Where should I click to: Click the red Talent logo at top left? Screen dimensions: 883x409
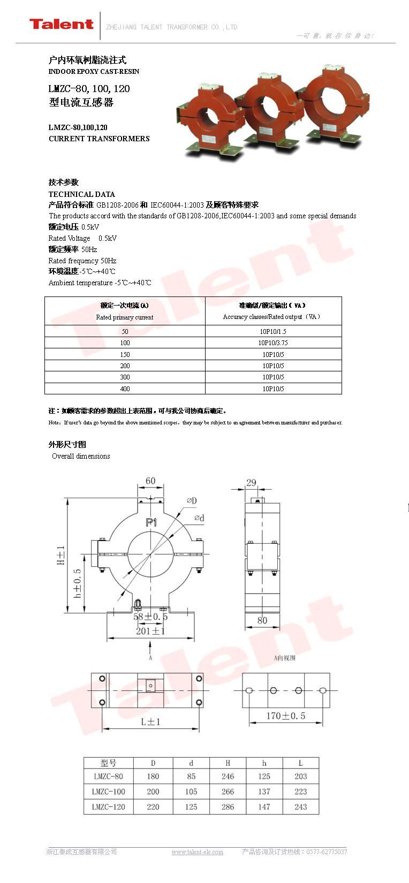click(61, 24)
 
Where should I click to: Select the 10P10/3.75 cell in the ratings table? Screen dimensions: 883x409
click(273, 343)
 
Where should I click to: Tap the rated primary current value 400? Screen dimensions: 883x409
click(125, 389)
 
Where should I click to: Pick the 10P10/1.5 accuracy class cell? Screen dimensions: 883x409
click(273, 332)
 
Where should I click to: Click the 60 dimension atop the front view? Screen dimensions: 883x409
click(150, 481)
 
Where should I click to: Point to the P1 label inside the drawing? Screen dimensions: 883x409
click(151, 522)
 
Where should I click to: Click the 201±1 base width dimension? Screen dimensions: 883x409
click(150, 631)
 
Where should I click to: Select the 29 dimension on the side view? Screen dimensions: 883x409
click(251, 482)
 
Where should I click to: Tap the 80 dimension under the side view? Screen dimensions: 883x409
click(262, 621)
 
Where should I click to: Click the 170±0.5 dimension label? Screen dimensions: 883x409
click(285, 716)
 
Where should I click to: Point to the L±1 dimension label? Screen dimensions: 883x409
click(150, 721)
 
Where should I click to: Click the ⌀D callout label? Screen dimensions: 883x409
click(191, 501)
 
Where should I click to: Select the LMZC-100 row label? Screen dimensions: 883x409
click(108, 791)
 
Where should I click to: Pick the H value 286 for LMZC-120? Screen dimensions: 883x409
click(228, 807)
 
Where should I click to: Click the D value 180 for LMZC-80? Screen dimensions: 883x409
click(153, 777)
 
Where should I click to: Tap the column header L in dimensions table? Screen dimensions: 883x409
click(300, 763)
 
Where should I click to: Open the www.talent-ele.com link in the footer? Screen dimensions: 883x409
click(197, 852)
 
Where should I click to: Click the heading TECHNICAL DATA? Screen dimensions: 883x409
click(81, 194)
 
